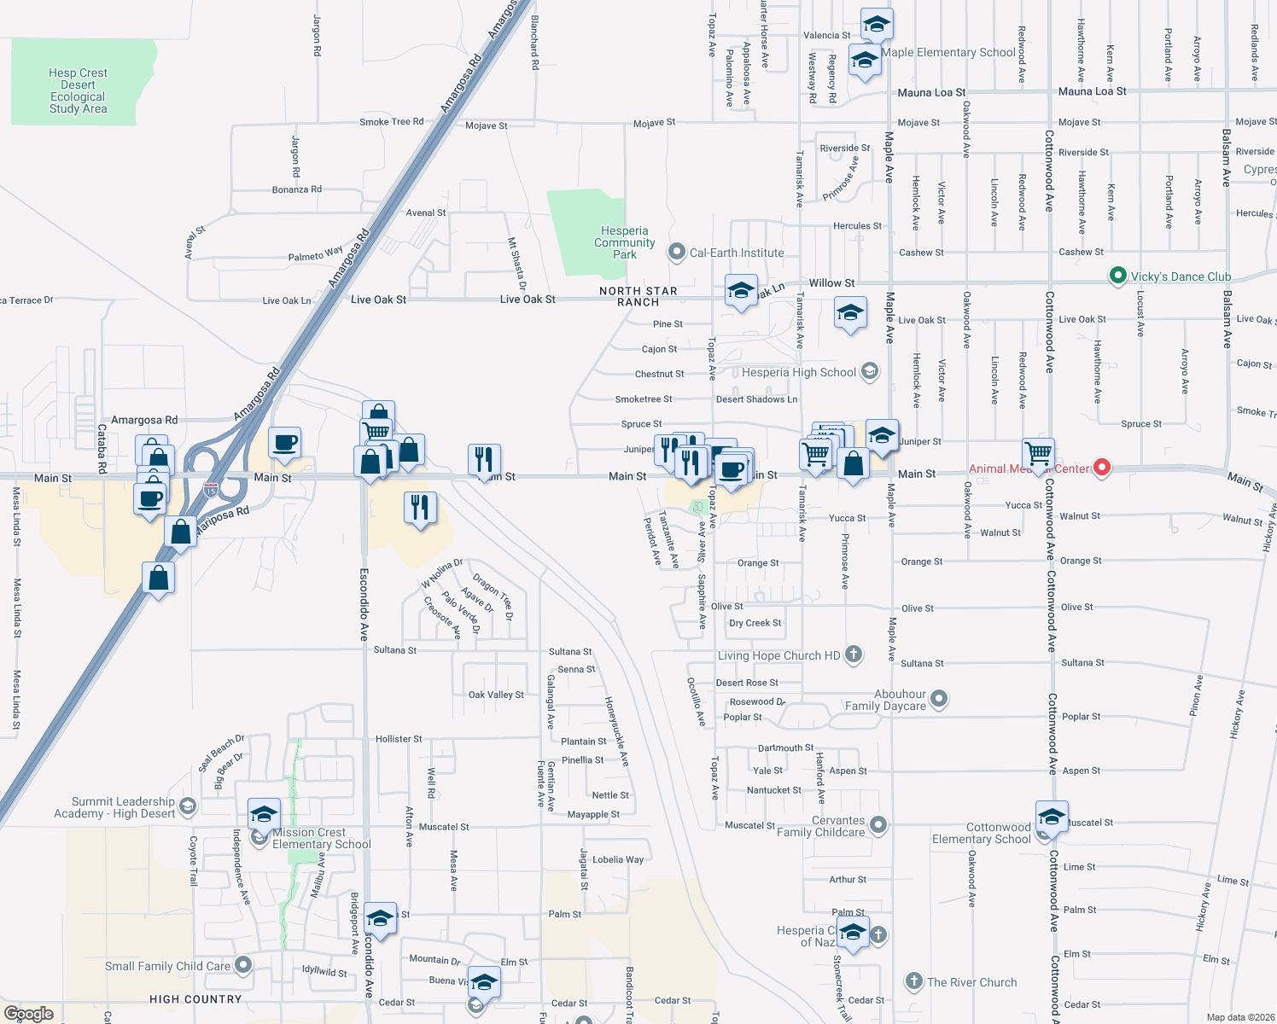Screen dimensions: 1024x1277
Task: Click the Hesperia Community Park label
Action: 625,243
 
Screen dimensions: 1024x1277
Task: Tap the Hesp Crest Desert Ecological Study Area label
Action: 78,91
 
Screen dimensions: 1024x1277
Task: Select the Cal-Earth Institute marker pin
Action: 677,252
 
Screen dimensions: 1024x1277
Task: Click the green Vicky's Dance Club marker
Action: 1117,276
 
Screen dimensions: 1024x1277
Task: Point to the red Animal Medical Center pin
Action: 1102,468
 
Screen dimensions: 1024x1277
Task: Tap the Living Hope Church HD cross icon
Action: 853,655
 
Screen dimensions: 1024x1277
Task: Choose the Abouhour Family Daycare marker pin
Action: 939,699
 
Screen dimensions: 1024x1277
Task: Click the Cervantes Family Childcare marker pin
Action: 878,825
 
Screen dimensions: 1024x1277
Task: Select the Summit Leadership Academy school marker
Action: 188,806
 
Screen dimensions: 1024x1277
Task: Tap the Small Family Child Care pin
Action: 243,965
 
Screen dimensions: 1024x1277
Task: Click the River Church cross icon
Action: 913,981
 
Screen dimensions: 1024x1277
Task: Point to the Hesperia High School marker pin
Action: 869,371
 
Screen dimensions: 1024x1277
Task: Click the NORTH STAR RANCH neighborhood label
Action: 638,296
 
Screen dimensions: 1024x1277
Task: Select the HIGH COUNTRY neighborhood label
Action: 195,999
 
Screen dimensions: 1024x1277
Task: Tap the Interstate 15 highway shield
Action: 211,490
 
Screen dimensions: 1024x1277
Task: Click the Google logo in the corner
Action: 29,1013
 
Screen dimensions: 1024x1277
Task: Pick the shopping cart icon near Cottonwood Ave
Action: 1039,451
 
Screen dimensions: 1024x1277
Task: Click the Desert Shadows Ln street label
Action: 756,399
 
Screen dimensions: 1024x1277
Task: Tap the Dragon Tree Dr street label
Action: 493,596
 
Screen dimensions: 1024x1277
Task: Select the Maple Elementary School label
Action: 948,52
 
